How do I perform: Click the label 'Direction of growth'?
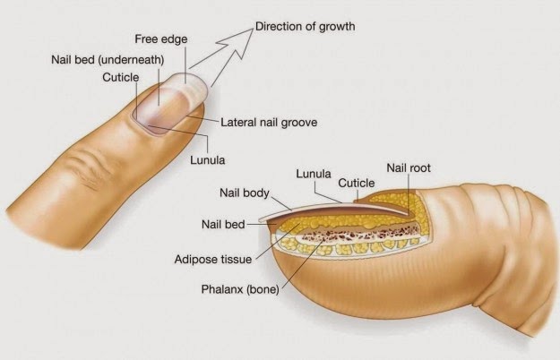point(305,26)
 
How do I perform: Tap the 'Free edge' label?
point(159,39)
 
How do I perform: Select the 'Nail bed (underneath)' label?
point(105,60)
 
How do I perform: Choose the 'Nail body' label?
point(244,193)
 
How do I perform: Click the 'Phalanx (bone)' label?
point(240,289)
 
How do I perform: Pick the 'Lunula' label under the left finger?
point(207,161)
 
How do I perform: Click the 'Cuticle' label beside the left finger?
point(120,78)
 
